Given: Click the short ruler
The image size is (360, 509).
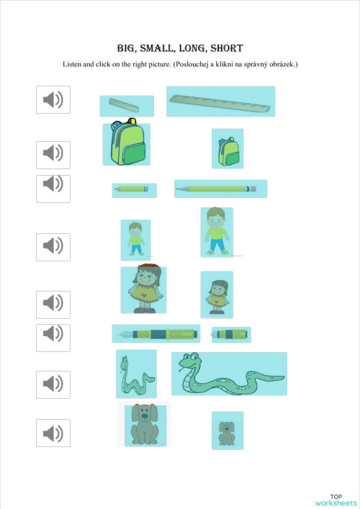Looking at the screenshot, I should [x=126, y=106].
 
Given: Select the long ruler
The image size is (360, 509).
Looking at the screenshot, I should [x=220, y=102].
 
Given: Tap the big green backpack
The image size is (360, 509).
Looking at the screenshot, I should [x=126, y=145].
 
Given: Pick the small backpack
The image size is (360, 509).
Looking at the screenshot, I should [x=228, y=149].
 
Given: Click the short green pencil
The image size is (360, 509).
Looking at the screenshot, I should [x=134, y=190].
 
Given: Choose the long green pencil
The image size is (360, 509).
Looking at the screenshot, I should [x=220, y=189].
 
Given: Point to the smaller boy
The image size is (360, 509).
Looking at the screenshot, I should [x=135, y=239].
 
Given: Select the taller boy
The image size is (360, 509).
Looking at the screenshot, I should [x=216, y=232].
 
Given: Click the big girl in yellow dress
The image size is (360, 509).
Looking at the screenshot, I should [x=143, y=289].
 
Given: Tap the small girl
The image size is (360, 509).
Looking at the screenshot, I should [x=217, y=294].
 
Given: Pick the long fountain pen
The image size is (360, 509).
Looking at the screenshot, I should [x=156, y=333].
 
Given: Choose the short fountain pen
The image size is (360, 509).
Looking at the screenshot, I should [x=231, y=334].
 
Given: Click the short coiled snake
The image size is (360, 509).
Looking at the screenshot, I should [x=135, y=374].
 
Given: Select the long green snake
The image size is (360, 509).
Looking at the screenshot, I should [x=228, y=374].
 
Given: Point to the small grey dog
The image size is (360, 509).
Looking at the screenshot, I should [x=227, y=431].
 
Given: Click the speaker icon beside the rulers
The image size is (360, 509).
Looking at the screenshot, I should [x=53, y=99].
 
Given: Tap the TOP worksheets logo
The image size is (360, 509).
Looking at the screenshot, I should [x=336, y=499].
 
